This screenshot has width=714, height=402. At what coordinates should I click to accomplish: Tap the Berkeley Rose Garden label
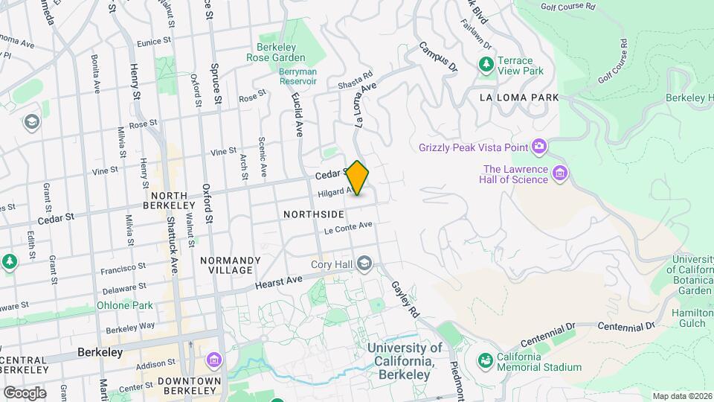point(276,52)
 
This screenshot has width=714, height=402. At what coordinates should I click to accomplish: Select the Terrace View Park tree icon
point(486,65)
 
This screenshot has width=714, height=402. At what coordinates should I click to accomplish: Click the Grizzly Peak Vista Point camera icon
point(538,146)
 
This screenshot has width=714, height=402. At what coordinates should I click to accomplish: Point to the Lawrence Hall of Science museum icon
point(561,174)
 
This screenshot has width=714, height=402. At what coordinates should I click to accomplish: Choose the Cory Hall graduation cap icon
point(364,264)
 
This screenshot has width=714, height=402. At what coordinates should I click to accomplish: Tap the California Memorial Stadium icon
point(486,361)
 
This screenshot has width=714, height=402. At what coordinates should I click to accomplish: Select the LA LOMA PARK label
point(518,98)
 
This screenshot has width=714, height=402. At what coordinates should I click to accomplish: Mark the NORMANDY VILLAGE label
point(230,265)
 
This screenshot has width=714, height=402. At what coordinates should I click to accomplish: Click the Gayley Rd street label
point(406,300)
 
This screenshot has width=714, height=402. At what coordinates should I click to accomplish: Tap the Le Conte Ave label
point(347,227)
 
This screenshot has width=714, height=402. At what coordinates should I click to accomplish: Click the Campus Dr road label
point(437,57)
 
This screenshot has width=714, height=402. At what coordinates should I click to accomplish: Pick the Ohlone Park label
point(124,305)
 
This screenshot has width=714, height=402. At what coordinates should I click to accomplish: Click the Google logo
point(24,392)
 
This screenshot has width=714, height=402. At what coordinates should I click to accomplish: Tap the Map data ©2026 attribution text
point(681,396)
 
